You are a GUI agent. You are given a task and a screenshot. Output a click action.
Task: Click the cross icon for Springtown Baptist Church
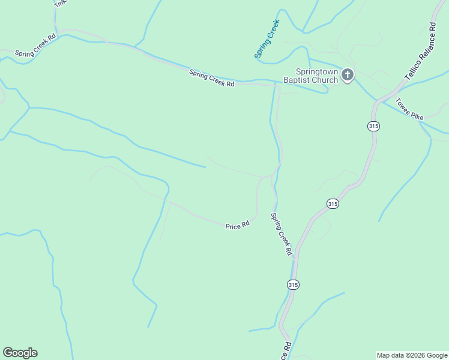click(348, 75)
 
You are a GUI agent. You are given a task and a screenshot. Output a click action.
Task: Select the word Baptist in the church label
click(297, 81)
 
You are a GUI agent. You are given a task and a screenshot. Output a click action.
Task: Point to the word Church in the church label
click(325, 81)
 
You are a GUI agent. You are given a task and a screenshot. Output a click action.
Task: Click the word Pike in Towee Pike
click(418, 113)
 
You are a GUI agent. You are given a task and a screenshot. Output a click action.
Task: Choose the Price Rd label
click(237, 226)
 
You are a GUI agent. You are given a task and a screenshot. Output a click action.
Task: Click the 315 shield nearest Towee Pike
click(373, 125)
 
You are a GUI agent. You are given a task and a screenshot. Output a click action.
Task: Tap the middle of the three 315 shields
click(333, 203)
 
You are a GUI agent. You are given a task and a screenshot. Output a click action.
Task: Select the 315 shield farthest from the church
click(293, 284)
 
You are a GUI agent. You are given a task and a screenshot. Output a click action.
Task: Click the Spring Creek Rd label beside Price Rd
click(281, 234)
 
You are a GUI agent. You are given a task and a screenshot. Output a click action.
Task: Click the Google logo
click(20, 353)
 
